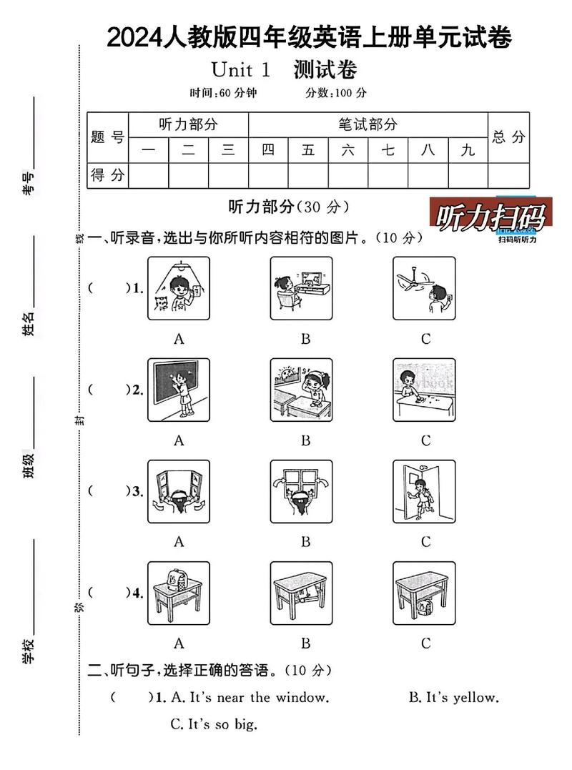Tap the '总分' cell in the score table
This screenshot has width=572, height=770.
(x=508, y=137)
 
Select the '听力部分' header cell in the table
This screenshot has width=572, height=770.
(x=188, y=124)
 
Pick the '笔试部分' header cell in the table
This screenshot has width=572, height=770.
(x=368, y=124)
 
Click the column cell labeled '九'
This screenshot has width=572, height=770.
(x=468, y=150)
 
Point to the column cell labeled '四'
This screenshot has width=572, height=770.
(x=268, y=150)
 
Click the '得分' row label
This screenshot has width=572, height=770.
(x=107, y=174)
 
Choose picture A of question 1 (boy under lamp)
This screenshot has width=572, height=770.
(x=179, y=288)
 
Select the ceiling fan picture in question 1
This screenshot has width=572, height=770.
(x=424, y=288)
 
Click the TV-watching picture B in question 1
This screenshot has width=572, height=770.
(x=301, y=288)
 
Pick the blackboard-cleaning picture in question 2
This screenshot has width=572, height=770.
(x=179, y=390)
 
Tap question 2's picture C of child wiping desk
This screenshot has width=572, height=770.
(x=424, y=390)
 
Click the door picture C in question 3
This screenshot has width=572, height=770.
(x=424, y=492)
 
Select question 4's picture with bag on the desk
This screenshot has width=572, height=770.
(x=179, y=593)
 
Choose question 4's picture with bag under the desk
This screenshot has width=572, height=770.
(x=424, y=593)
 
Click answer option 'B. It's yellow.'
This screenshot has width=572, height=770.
(x=453, y=697)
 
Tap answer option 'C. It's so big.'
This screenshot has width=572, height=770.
(x=213, y=724)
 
